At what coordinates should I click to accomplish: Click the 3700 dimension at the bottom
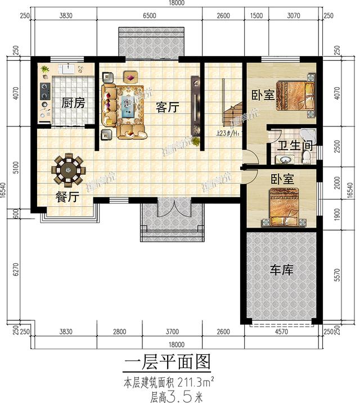[172, 332]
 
